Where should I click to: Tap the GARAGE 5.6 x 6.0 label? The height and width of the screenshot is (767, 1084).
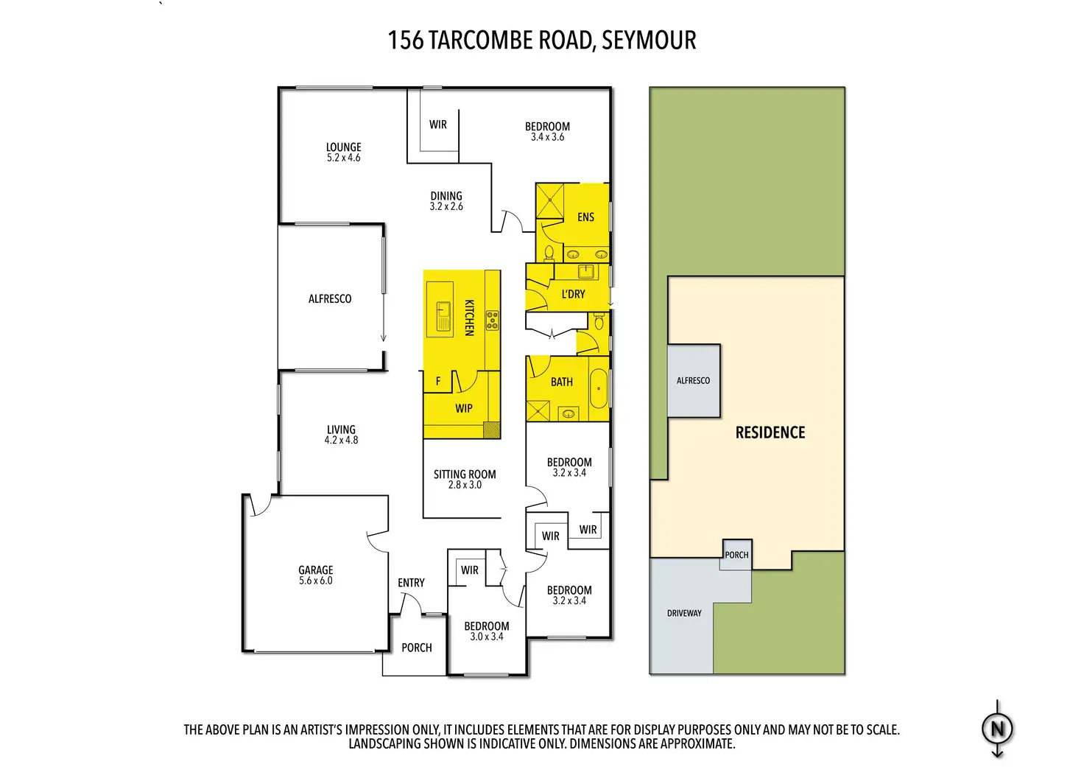point(315,575)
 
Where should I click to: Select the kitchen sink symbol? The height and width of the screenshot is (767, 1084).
point(443,315)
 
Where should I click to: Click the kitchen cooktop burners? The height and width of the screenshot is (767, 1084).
point(492,320)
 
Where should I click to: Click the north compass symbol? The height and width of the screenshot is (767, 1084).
point(997,729)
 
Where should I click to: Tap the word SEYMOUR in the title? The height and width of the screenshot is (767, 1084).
point(648,40)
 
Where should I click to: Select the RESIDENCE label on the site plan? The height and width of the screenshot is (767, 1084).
point(770,432)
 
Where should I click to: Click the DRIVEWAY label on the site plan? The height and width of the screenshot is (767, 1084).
point(684,613)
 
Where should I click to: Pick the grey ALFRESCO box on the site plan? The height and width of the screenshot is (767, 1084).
point(693,380)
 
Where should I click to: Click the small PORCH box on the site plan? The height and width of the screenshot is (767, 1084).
point(736,554)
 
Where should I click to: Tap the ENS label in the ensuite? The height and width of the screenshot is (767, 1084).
point(585,217)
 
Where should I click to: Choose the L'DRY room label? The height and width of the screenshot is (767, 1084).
point(573,294)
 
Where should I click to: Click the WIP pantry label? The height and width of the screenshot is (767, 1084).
point(463,408)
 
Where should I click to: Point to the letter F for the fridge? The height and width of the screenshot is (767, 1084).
point(438,381)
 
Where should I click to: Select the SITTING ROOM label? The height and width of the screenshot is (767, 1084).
point(464,479)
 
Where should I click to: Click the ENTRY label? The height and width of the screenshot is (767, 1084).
point(411,583)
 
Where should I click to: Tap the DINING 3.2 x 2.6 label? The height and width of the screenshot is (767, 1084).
point(446,200)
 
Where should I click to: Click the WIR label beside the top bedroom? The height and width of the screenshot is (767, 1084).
point(437,125)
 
